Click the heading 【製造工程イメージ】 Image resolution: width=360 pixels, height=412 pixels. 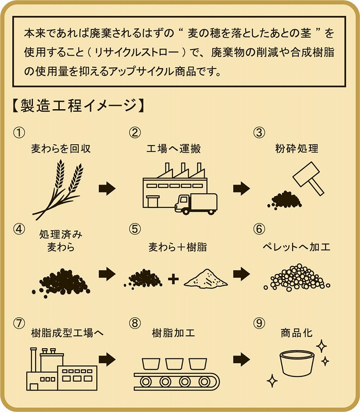point(76,106)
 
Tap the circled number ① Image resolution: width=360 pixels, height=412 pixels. point(19,132)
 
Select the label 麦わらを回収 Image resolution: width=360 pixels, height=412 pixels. point(61,149)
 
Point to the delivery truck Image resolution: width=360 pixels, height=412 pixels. point(196,204)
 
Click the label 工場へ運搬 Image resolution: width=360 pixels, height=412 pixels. point(180,149)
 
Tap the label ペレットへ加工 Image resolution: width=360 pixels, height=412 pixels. point(296,247)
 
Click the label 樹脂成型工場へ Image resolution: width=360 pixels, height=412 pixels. point(67,333)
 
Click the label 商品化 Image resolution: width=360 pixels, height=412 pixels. point(297,333)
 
